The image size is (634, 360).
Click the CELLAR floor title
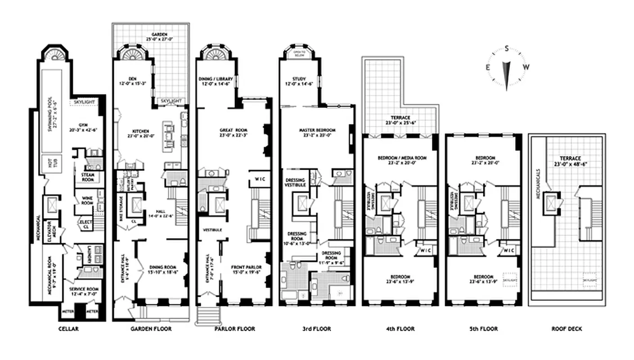[68, 329]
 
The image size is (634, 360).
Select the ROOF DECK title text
[567, 329]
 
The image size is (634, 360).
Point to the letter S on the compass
[507, 49]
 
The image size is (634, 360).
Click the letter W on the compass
[526, 67]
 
